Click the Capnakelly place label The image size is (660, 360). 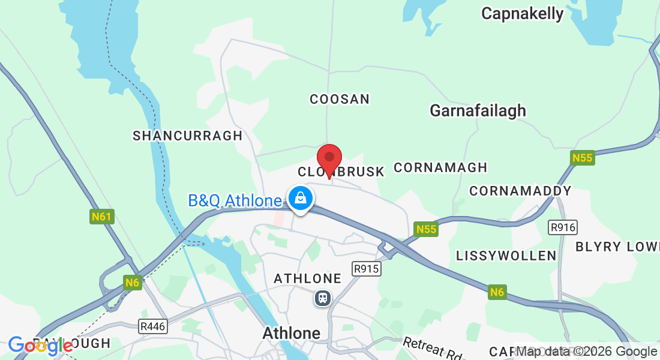522,14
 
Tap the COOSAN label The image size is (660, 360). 340,99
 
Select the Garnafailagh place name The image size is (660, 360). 478,110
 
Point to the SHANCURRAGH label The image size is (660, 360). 187,136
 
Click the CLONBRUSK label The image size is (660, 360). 341,172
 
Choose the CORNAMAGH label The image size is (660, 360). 440,167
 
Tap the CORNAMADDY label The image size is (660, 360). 520,191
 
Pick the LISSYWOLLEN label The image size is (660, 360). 506,256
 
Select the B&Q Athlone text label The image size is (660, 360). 235,200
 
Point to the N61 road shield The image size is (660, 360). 102,216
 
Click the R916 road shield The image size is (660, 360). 562,227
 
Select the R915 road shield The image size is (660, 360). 366,269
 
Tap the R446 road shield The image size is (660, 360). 153,327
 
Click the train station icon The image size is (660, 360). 323,298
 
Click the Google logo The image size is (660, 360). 41,346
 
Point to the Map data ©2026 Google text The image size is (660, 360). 586,352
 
